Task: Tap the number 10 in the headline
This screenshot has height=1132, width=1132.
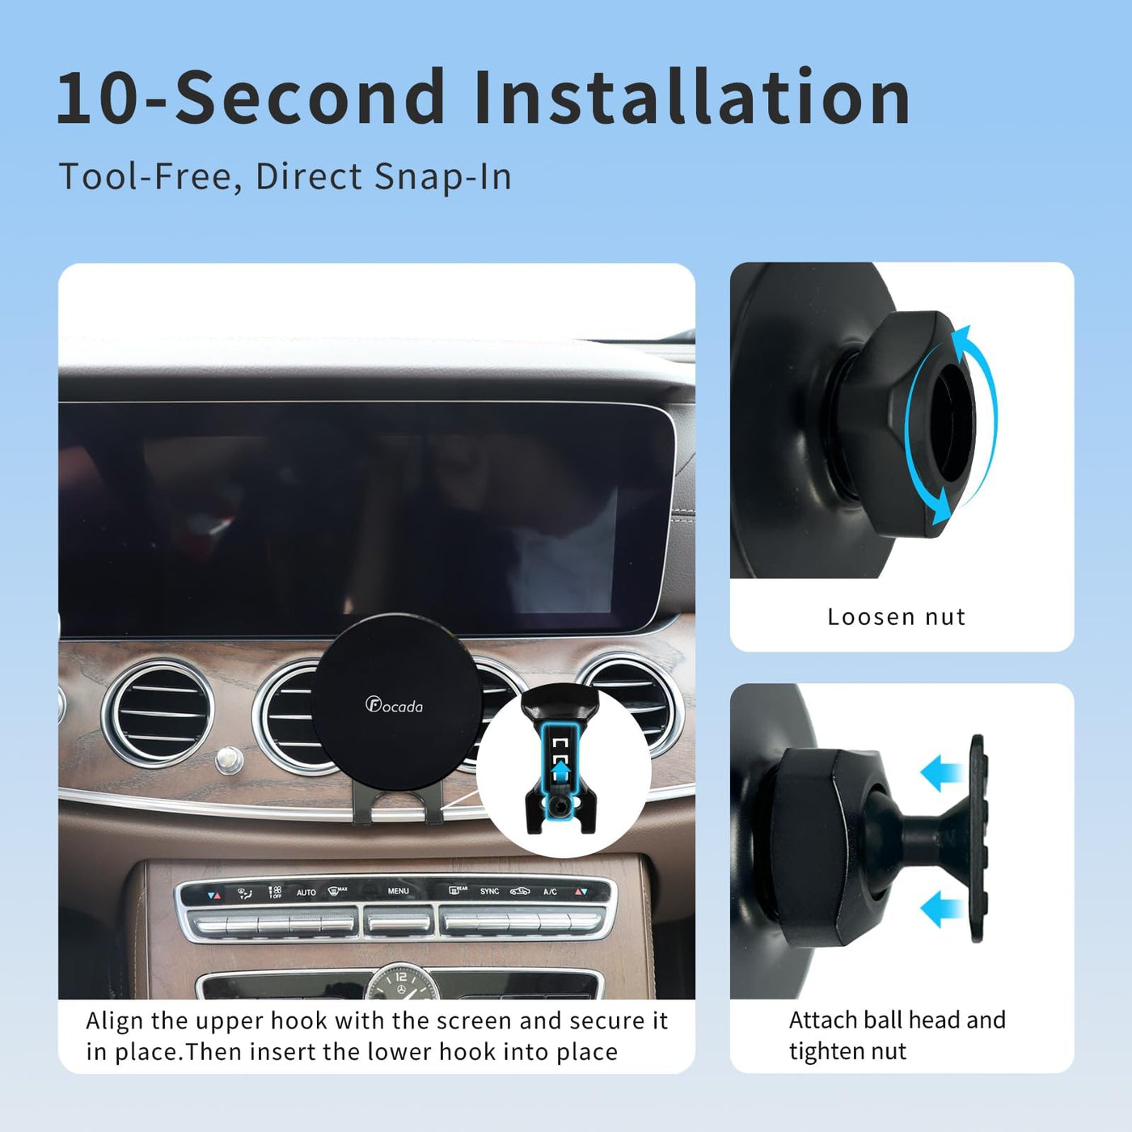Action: [98, 97]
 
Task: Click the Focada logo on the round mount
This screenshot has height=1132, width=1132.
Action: [394, 704]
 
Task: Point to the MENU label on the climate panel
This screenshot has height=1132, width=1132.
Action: [398, 890]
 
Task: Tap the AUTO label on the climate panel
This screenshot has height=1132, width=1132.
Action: [306, 893]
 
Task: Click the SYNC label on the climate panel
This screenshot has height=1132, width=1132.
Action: [489, 891]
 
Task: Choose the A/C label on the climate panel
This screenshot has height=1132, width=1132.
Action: [550, 892]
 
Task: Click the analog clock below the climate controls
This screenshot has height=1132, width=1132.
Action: [401, 982]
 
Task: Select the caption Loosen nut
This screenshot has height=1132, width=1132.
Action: [897, 617]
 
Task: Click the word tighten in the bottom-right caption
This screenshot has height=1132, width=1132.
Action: [826, 1051]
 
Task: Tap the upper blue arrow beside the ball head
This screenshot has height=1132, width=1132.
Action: [940, 772]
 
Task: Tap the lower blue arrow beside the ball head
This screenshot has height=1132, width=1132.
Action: [940, 910]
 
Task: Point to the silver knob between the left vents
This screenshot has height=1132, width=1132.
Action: [229, 759]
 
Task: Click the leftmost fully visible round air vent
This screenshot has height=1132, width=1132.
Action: [158, 713]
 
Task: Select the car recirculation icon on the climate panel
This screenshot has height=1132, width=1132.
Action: [520, 891]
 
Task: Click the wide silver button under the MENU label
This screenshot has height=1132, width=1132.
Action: [399, 923]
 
